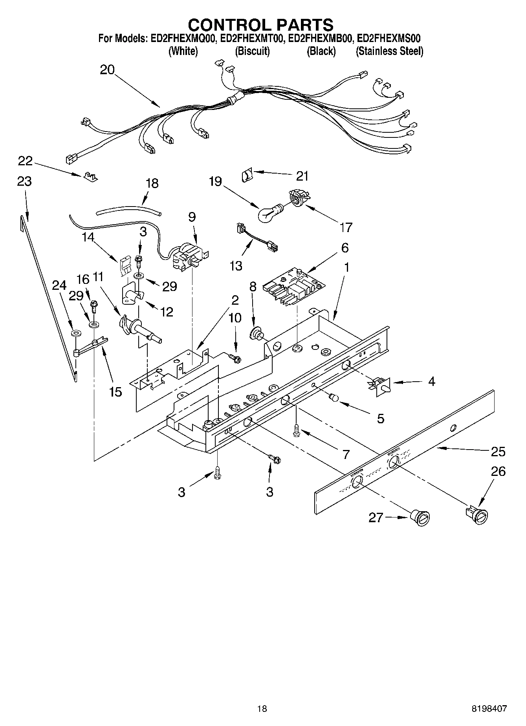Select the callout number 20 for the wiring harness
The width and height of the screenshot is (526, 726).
tap(107, 70)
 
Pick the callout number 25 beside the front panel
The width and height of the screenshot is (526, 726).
tap(498, 452)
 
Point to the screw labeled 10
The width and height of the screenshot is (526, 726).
tap(235, 357)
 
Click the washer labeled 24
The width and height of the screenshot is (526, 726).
tap(75, 333)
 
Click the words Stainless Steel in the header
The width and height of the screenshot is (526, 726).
tap(389, 51)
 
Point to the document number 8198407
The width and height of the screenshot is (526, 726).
tap(489, 709)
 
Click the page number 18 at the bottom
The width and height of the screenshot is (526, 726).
tap(262, 709)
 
